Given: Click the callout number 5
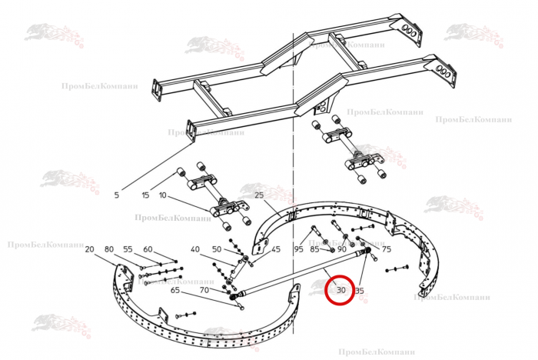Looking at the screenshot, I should pyautogui.click(x=117, y=195).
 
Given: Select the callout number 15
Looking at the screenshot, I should pyautogui.click(x=145, y=195).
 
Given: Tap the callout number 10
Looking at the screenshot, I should pyautogui.click(x=163, y=195).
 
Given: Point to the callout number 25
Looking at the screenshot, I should pyautogui.click(x=258, y=195).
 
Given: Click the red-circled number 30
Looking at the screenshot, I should pyautogui.click(x=340, y=291).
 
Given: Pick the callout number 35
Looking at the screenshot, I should pyautogui.click(x=359, y=291).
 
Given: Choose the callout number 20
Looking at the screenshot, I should pyautogui.click(x=89, y=249).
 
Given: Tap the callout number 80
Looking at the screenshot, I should pyautogui.click(x=108, y=249).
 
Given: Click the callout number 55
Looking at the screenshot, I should pyautogui.click(x=128, y=249).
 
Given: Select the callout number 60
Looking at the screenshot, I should pyautogui.click(x=148, y=249).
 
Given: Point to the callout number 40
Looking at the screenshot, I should pyautogui.click(x=195, y=249).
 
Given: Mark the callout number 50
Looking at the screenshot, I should pyautogui.click(x=217, y=249).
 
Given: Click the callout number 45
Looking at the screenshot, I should pyautogui.click(x=276, y=249).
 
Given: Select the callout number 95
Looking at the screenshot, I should pyautogui.click(x=298, y=249).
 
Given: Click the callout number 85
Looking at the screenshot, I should pyautogui.click(x=314, y=249).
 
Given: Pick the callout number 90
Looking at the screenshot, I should pyautogui.click(x=341, y=249).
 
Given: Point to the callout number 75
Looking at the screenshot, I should pyautogui.click(x=387, y=249).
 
